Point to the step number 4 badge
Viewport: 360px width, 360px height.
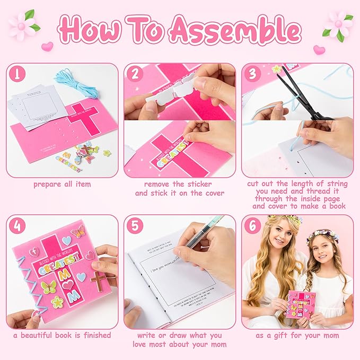point(17,225)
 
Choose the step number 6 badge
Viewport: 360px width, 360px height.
point(252,225)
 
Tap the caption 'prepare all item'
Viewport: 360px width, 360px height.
point(62,185)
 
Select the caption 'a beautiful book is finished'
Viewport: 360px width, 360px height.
point(62,335)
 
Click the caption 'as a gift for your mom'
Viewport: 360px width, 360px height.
point(297,335)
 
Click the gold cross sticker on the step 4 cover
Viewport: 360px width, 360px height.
point(99,279)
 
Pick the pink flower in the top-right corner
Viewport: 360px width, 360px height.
point(338,24)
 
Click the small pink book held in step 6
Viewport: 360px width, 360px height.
point(300,304)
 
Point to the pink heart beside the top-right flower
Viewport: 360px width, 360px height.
point(319,50)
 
